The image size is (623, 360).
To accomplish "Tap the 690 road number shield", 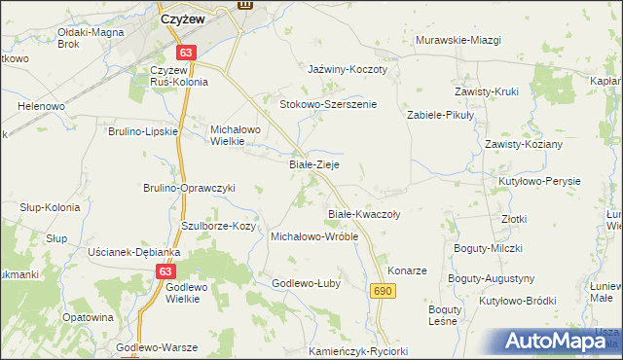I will (382, 291).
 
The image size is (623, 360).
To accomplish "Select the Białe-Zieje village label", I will (314, 165).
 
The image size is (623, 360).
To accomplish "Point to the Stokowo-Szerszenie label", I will (328, 104).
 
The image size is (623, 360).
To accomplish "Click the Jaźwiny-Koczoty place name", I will (348, 70).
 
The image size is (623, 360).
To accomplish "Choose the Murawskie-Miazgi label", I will (458, 40).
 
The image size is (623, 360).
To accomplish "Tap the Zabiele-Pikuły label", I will (439, 115).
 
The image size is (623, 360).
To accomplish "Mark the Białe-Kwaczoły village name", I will (364, 213).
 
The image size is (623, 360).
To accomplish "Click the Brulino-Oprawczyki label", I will (190, 188).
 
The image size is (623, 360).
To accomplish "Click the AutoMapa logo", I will (553, 341).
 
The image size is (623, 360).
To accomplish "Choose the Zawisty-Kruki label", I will (487, 91).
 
